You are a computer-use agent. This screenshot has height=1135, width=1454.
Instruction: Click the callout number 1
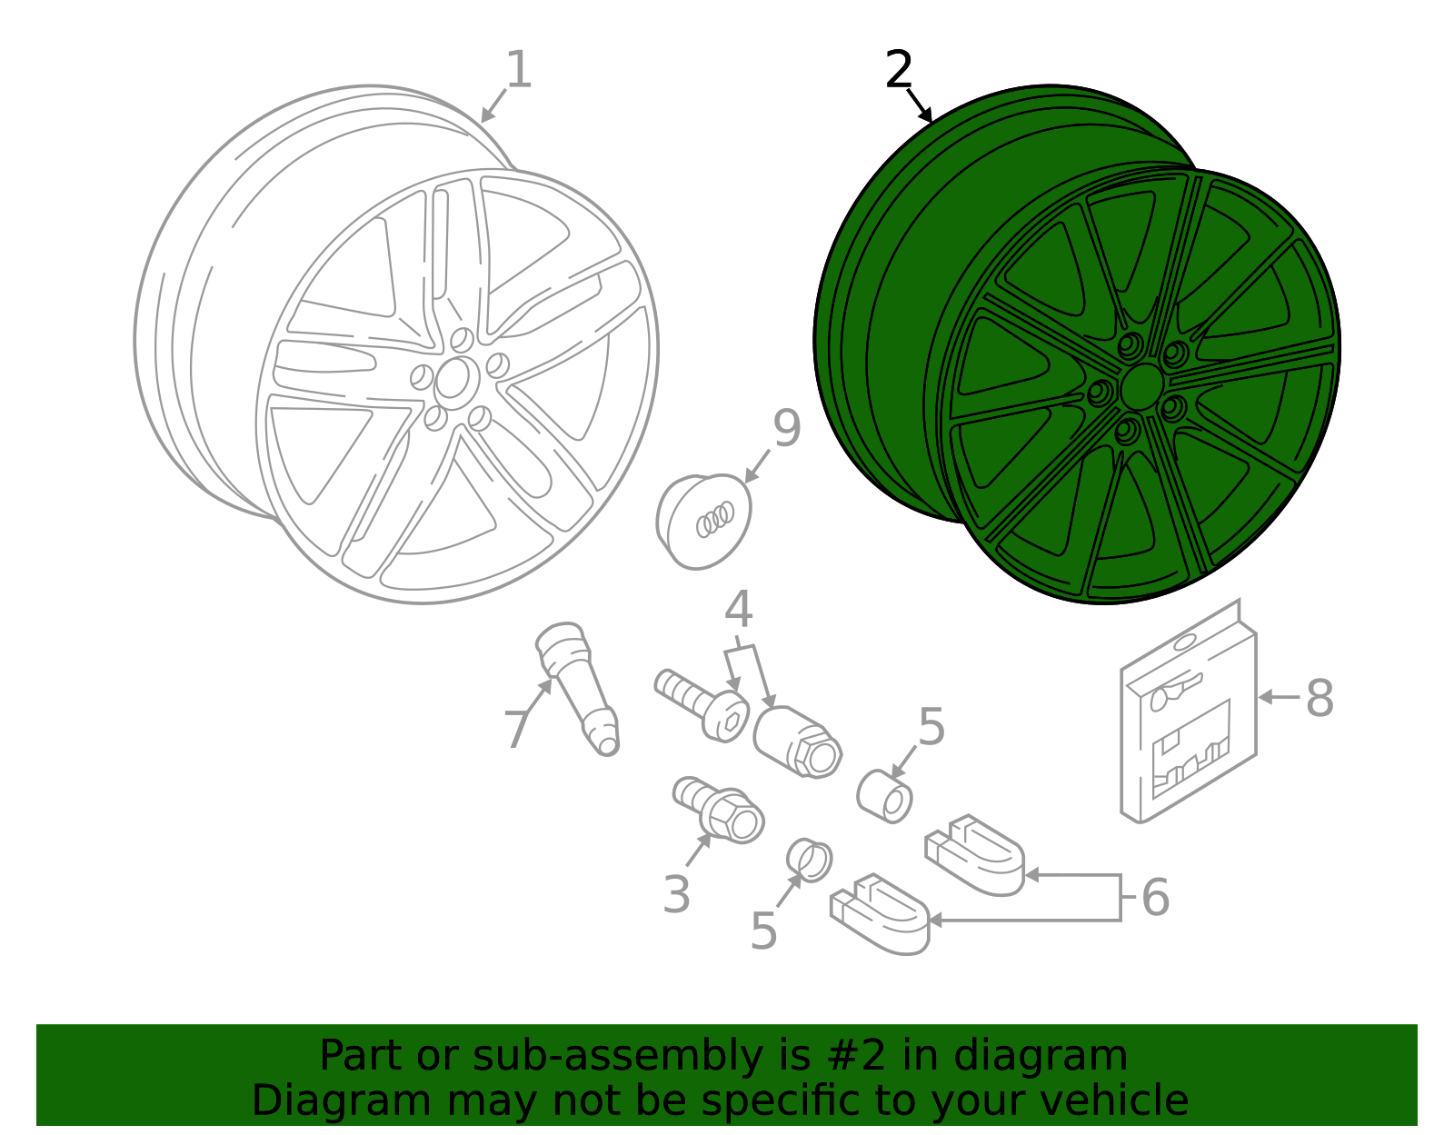pyautogui.click(x=518, y=71)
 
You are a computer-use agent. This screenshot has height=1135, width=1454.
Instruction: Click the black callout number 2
pyautogui.click(x=898, y=71)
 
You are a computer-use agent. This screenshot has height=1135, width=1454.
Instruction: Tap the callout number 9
pyautogui.click(x=786, y=429)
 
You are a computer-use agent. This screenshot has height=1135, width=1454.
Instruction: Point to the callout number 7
pyautogui.click(x=516, y=730)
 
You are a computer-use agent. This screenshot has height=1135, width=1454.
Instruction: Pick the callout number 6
pyautogui.click(x=1155, y=898)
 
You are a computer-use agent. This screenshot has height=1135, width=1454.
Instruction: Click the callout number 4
pyautogui.click(x=739, y=611)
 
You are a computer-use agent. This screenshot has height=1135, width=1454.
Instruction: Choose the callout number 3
pyautogui.click(x=676, y=895)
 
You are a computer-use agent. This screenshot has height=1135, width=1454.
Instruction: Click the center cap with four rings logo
pyautogui.click(x=703, y=521)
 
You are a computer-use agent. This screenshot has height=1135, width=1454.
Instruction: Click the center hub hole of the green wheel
pyautogui.click(x=1141, y=388)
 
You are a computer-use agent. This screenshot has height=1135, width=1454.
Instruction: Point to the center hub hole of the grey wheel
pyautogui.click(x=454, y=379)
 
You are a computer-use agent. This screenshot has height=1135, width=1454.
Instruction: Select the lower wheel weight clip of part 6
pyautogui.click(x=880, y=912)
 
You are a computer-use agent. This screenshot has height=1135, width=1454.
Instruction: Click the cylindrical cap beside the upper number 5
pyautogui.click(x=884, y=795)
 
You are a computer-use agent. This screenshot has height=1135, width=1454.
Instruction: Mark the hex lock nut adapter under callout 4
pyautogui.click(x=797, y=742)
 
